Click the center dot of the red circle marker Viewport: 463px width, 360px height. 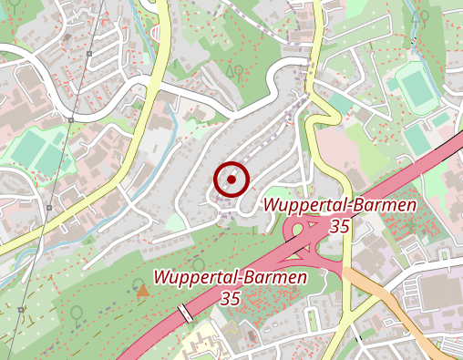point(231,180)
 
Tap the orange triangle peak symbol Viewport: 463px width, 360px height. point(142,291)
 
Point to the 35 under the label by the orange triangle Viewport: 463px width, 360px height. point(230,298)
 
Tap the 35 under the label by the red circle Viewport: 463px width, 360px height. point(340,225)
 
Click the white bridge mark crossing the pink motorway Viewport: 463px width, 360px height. point(186,313)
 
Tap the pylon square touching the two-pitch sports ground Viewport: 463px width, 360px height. point(70,119)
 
